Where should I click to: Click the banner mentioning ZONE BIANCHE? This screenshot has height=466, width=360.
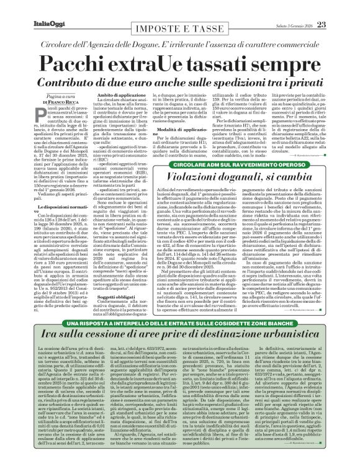point(179,325)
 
